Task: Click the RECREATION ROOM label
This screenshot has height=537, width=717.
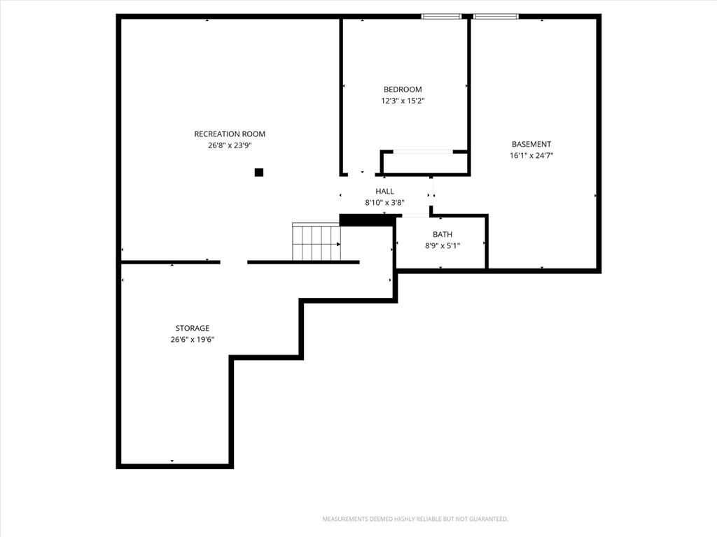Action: [x=230, y=134]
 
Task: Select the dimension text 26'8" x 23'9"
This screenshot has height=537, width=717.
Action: [x=230, y=145]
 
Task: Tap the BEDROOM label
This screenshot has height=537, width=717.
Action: [x=403, y=89]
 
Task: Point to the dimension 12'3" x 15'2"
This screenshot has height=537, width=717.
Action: [x=403, y=101]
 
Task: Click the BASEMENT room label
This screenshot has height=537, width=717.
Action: [x=531, y=144]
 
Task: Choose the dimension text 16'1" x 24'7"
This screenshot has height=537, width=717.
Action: [x=531, y=155]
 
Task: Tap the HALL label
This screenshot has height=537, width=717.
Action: [x=384, y=192]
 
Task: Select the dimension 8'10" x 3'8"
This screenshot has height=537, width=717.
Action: [x=384, y=203]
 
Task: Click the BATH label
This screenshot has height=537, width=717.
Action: [x=443, y=234]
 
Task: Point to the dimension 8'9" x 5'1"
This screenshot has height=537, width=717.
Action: [x=443, y=245]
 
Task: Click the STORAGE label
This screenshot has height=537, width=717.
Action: [x=193, y=329]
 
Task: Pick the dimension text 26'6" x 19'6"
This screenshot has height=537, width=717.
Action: [x=193, y=340]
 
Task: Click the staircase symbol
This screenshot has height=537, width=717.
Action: [x=316, y=241]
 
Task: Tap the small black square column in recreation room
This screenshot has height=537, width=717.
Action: [x=259, y=172]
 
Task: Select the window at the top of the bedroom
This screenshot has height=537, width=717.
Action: [x=441, y=17]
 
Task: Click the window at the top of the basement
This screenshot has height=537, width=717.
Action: [x=496, y=17]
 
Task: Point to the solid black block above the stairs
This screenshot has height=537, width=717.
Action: [x=368, y=220]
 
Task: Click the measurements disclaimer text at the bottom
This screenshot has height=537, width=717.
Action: [x=415, y=520]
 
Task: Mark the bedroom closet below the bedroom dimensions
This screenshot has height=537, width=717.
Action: [x=424, y=162]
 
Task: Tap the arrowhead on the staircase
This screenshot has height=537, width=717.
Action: [x=338, y=244]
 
